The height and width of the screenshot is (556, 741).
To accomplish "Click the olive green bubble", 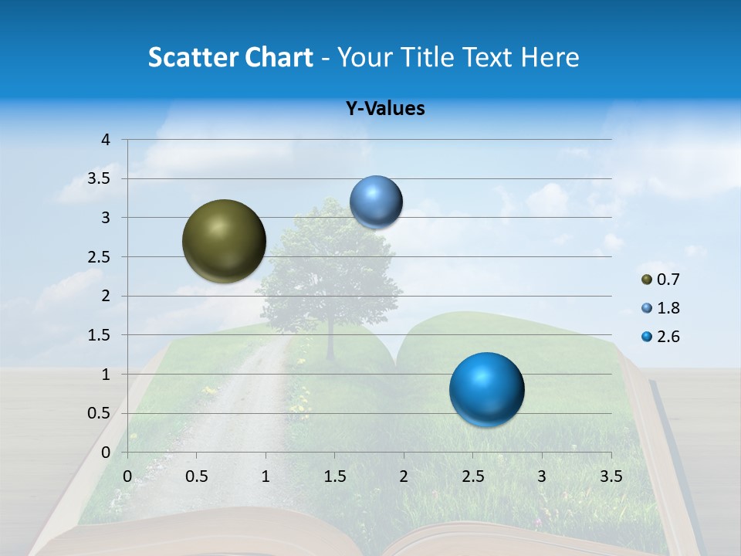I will (224, 241).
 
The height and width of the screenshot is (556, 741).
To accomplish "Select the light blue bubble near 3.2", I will (376, 202).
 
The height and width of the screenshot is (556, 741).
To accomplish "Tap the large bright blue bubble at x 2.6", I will (486, 389).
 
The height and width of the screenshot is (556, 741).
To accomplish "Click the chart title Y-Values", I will (385, 109).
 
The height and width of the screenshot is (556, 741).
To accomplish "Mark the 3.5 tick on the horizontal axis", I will (611, 476).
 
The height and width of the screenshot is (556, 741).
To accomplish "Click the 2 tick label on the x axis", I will (404, 476).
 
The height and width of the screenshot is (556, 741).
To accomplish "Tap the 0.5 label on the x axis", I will (197, 476).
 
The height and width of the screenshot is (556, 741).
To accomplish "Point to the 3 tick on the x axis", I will (542, 476).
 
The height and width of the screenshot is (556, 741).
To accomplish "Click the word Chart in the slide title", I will (279, 57).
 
